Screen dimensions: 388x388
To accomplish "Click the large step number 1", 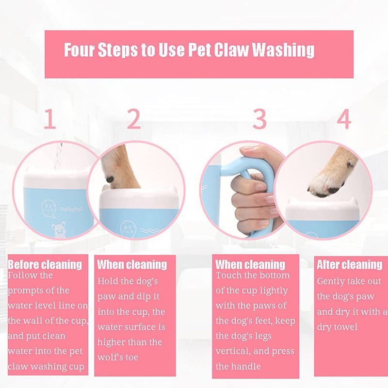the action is pyautogui.click(x=50, y=119).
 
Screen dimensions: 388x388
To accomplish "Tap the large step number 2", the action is pyautogui.click(x=134, y=119).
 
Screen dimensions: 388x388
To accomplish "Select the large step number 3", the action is pyautogui.click(x=259, y=119).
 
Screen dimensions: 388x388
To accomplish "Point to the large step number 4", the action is pyautogui.click(x=344, y=119).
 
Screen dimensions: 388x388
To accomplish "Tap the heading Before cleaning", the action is pyautogui.click(x=45, y=264).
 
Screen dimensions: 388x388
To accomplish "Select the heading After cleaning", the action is pyautogui.click(x=349, y=264).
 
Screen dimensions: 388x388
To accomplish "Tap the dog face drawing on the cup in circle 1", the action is pyautogui.click(x=58, y=229).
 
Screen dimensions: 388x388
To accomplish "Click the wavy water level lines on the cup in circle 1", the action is pyautogui.click(x=71, y=210).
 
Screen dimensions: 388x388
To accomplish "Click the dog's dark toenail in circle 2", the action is pyautogui.click(x=110, y=179).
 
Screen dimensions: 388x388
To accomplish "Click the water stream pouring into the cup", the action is pyautogui.click(x=58, y=156).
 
